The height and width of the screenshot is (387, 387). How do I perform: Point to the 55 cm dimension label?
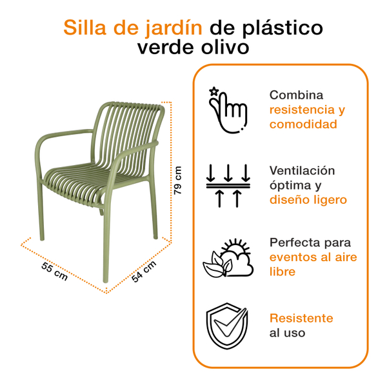click(55, 271)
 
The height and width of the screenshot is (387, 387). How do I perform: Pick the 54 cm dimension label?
click(144, 271)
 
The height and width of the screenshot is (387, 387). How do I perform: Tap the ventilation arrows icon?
click(227, 186)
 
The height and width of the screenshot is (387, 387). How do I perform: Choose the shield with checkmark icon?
click(227, 326)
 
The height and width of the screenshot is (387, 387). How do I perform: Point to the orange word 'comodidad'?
click(303, 124)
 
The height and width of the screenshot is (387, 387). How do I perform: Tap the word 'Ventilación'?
click(303, 170)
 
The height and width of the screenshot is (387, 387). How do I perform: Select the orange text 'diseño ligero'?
click(308, 200)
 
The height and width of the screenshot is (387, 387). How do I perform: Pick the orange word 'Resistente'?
click(301, 318)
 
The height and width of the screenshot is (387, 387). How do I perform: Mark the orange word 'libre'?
click(283, 272)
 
